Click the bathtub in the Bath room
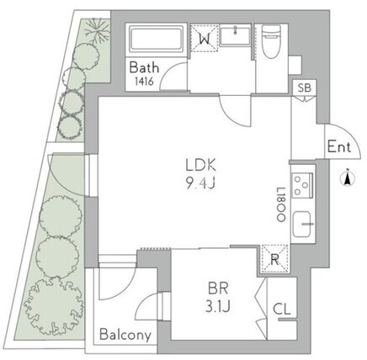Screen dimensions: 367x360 coord(157,39)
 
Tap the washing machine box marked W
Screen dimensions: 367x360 coord(205,39)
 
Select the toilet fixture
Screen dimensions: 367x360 coord(270,41)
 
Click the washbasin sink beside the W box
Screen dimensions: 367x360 coord(235,35)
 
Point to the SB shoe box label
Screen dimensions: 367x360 coord(305,87)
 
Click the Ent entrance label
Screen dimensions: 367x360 coord(339,147)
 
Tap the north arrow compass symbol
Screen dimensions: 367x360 coord(348,177)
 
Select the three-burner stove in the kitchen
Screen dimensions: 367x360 coord(302,185)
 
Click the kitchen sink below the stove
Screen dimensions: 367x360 coord(302,225)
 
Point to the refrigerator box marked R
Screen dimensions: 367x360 coord(274,259)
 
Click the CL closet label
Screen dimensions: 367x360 coord(282,310)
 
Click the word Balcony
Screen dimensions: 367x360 coord(125,335)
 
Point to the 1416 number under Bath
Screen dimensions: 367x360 coord(144,82)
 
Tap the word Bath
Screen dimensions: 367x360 coord(144,68)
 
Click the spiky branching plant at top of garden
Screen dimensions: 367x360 coord(98,30)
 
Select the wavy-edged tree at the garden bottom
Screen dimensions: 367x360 coord(54,307)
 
